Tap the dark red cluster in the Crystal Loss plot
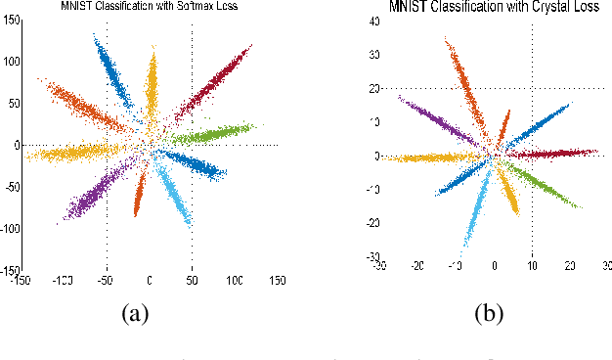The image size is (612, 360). (x=557, y=153)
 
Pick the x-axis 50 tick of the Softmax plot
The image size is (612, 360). (x=192, y=281)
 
